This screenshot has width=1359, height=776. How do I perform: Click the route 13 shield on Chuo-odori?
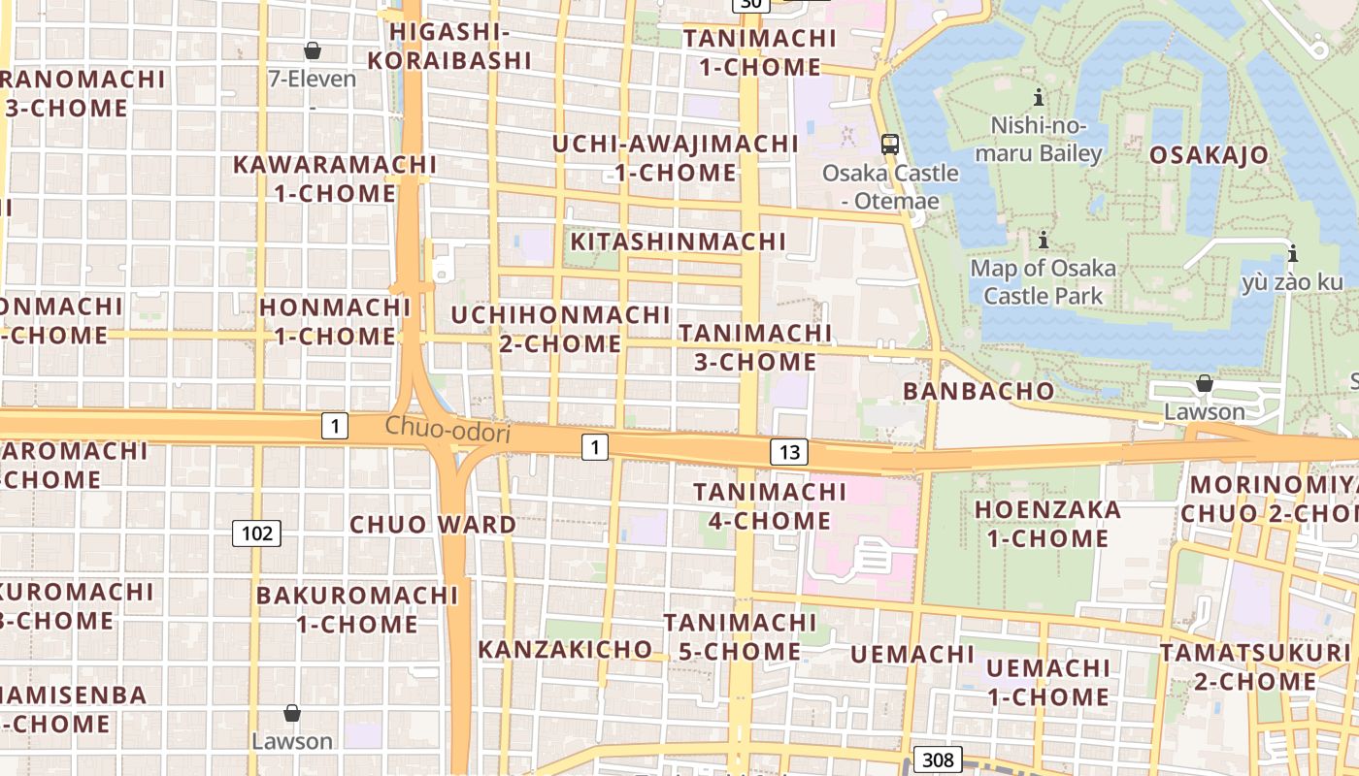pos(789,451)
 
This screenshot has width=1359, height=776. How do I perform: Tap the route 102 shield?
pos(256,533)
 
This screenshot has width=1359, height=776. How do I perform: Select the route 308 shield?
pos(938,760)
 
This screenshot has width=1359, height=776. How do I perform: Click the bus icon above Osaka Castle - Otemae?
pos(889,145)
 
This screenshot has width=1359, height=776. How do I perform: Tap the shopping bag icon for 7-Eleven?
pos(313,50)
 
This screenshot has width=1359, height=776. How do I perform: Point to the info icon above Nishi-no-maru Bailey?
pos(1039,97)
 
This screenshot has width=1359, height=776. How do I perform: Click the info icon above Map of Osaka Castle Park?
pos(1044,240)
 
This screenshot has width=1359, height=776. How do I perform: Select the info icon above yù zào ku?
pos(1292,255)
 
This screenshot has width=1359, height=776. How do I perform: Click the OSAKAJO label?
pos(1209,155)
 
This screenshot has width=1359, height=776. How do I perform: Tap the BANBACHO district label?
pos(978,391)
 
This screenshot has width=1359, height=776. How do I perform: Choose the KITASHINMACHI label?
pos(678,242)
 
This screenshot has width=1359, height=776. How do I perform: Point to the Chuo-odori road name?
pos(447,429)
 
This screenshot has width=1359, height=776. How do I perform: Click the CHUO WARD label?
pos(433,525)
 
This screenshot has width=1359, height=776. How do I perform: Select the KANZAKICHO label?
pos(565,649)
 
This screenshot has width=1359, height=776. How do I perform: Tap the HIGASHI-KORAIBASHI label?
pos(460,46)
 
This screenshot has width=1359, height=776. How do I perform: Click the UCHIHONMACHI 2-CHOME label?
pos(560,329)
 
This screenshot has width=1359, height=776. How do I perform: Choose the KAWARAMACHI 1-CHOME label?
pos(334,178)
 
